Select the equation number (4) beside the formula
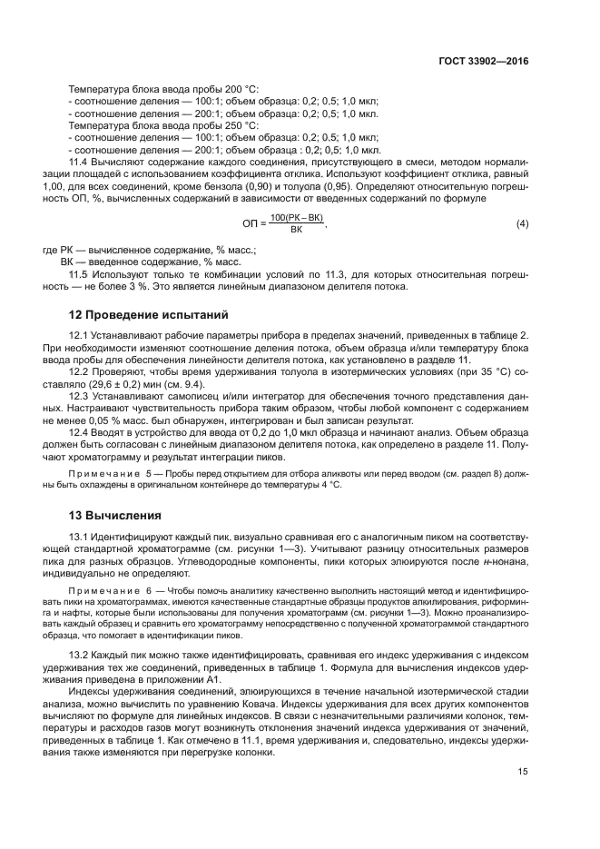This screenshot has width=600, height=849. click(x=521, y=223)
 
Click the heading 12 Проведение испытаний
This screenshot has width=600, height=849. click(x=150, y=315)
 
